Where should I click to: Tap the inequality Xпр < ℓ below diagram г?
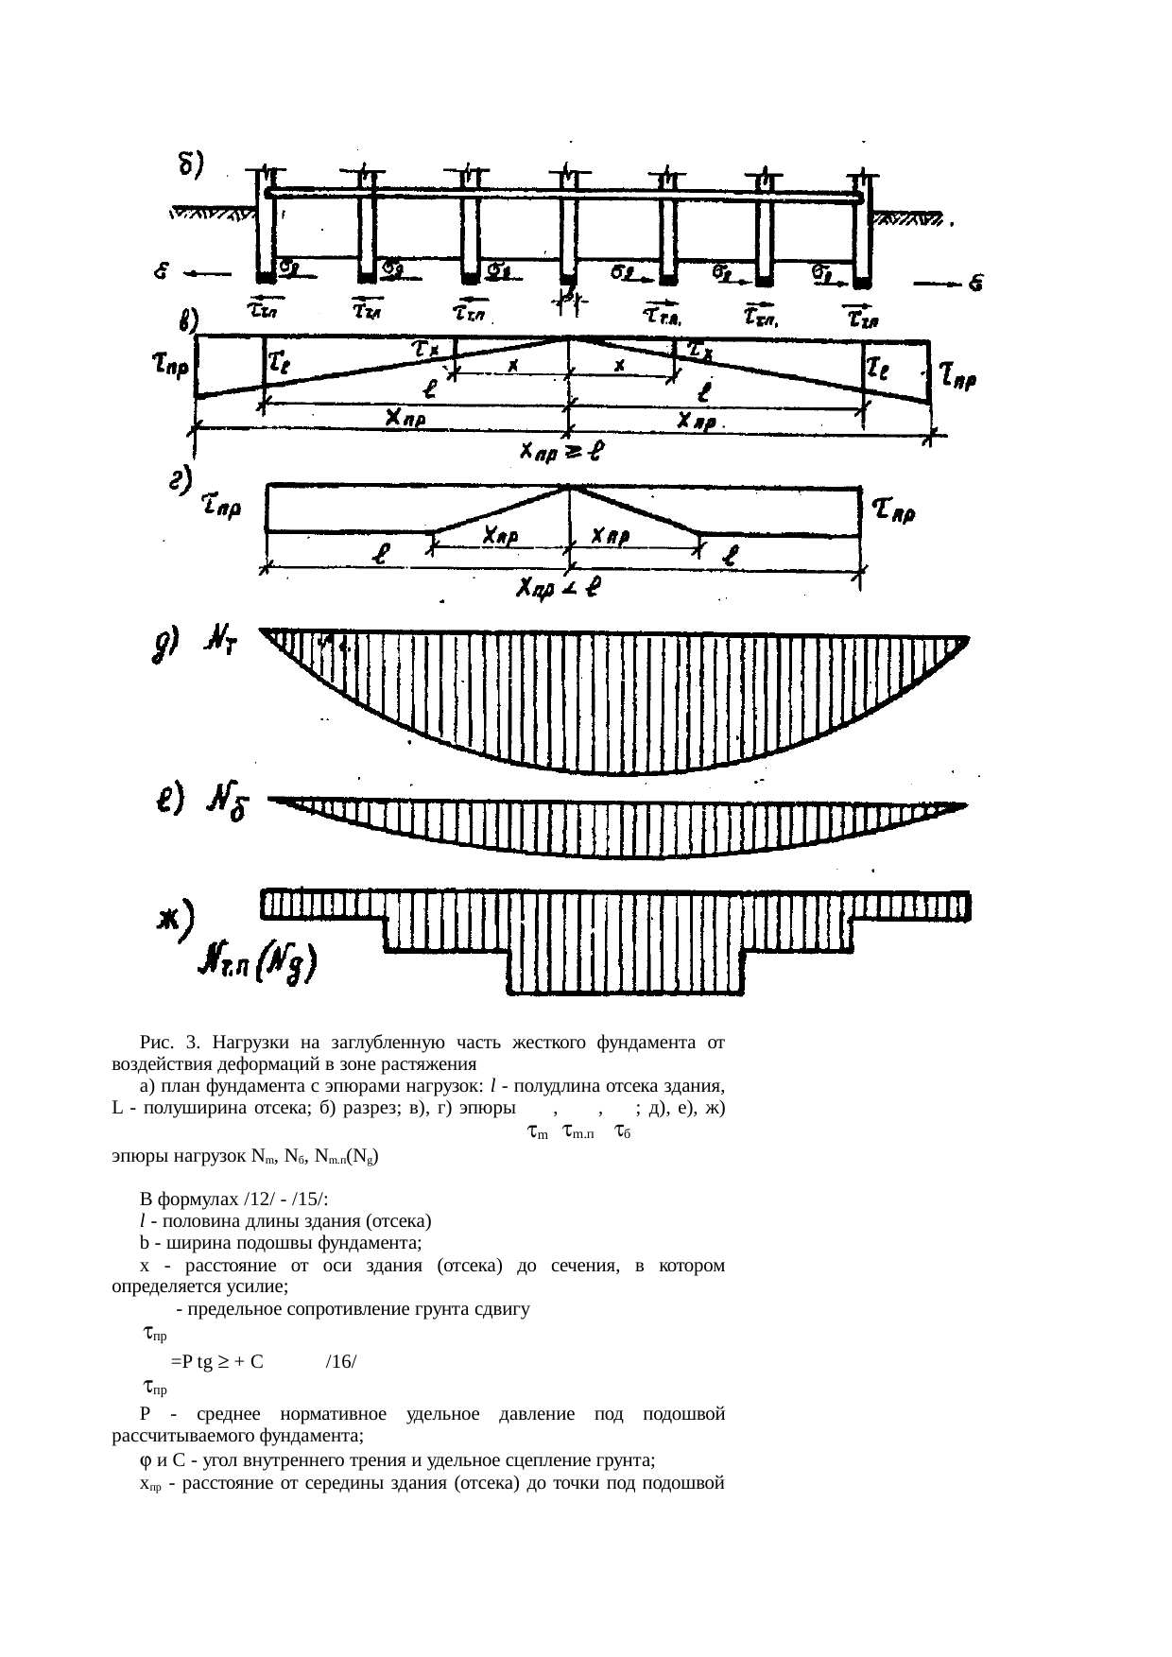click(x=560, y=589)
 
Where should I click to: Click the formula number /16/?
click(x=340, y=1362)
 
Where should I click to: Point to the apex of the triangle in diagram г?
click(x=568, y=487)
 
